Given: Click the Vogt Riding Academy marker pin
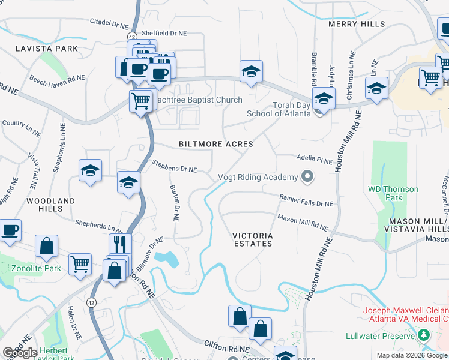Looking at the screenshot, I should tap(308, 176).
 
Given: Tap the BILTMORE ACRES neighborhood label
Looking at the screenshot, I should tap(216, 145).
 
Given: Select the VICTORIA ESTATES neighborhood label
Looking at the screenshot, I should tap(253, 239).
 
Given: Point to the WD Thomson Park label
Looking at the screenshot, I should tap(393, 193).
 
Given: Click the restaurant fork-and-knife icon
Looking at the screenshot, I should tap(120, 244).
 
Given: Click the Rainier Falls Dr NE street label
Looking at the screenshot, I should tap(306, 200).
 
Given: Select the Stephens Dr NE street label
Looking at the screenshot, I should tap(175, 166).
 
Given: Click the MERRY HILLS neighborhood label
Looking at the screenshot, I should tap(357, 24).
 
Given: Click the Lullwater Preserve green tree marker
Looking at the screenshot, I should tap(424, 334).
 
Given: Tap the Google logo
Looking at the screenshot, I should tap(20, 353).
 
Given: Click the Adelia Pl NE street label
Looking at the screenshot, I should tap(315, 159).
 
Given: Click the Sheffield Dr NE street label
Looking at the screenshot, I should tap(164, 34).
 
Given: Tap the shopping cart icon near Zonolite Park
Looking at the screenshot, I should tap(80, 263).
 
